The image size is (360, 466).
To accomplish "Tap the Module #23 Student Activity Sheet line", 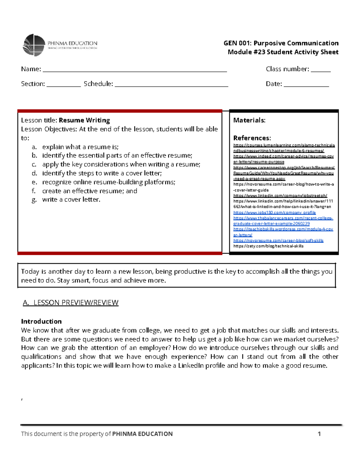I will pyautogui.click(x=283, y=52).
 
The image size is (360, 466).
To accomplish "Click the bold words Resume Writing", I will pyautogui.click(x=84, y=120).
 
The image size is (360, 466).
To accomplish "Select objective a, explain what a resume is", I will pyautogui.click(x=80, y=147).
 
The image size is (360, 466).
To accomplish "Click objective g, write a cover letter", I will pyautogui.click(x=71, y=200).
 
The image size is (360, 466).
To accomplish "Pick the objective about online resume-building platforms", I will pyautogui.click(x=109, y=182).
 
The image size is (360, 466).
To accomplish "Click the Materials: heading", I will pyautogui.click(x=249, y=120).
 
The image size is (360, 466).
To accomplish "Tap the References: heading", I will pyautogui.click(x=252, y=138).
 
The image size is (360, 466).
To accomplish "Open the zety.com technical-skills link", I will pyautogui.click(x=268, y=246).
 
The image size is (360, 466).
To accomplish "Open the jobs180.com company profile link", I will pyautogui.click(x=274, y=212).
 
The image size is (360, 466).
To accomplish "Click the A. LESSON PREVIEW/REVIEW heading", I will pyautogui.click(x=71, y=302).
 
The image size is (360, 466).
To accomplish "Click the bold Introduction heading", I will pyautogui.click(x=41, y=321).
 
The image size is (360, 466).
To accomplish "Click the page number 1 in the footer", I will pyautogui.click(x=319, y=434).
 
